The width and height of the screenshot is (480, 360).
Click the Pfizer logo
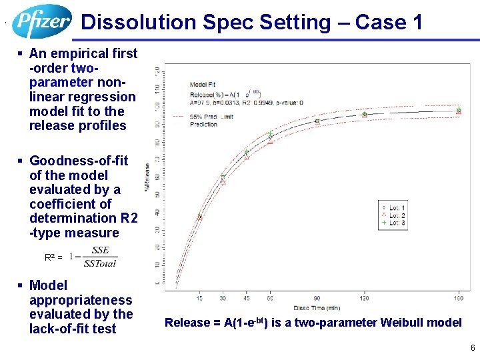point(41,21)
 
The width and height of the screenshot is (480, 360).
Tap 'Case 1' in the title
point(389,23)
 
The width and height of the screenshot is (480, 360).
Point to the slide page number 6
point(472,348)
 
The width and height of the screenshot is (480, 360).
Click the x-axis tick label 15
point(199,297)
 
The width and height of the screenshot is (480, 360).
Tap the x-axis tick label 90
point(317,297)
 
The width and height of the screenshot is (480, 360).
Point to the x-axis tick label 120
point(364,297)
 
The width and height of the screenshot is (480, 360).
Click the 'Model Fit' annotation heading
point(203,85)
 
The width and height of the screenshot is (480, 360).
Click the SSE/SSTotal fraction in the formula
point(100,257)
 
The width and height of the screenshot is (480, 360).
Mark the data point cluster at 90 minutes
point(317,121)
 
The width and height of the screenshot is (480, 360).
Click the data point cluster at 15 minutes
point(199,217)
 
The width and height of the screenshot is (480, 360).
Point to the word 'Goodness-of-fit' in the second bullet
point(79,161)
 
